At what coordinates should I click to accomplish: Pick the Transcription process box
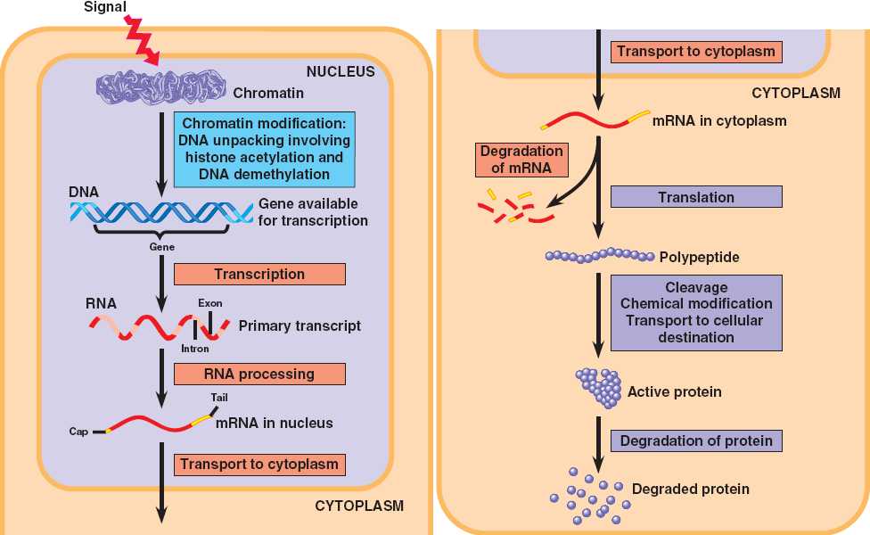pyautogui.click(x=259, y=274)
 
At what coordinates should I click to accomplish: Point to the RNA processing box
pyautogui.click(x=259, y=374)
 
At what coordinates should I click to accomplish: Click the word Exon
pyautogui.click(x=210, y=303)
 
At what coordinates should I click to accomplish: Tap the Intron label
pyautogui.click(x=194, y=349)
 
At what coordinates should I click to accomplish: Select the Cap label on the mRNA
pyautogui.click(x=78, y=432)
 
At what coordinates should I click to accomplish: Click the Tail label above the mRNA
pyautogui.click(x=220, y=397)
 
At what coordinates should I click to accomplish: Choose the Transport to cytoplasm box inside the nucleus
pyautogui.click(x=259, y=464)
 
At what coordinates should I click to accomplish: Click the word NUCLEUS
pyautogui.click(x=341, y=71)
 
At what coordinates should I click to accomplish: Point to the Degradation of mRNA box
pyautogui.click(x=521, y=159)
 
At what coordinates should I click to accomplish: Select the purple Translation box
pyautogui.click(x=696, y=197)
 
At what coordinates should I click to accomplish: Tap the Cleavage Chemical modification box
pyautogui.click(x=696, y=312)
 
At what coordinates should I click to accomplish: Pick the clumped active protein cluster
pyautogui.click(x=598, y=388)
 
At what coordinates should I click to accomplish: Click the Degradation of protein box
pyautogui.click(x=696, y=440)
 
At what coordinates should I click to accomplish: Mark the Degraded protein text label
pyautogui.click(x=690, y=489)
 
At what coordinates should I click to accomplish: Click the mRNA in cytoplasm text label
pyautogui.click(x=718, y=119)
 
